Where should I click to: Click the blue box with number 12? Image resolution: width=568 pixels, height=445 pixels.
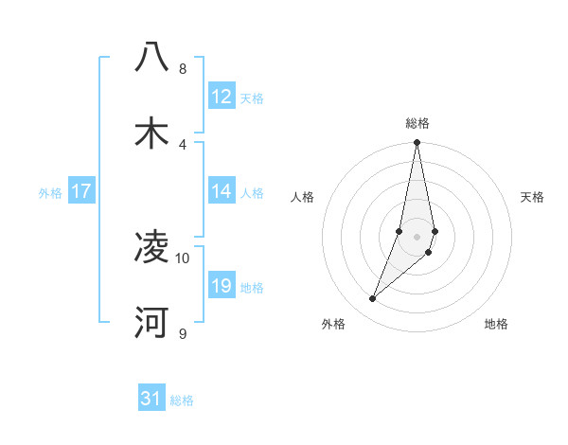click(x=221, y=97)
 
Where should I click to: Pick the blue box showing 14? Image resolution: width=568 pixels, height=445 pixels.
click(x=221, y=191)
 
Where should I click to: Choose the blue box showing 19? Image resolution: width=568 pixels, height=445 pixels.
click(x=221, y=286)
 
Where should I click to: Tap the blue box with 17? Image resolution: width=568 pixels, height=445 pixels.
click(x=81, y=191)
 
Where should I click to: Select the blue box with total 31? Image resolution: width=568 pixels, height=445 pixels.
click(x=151, y=399)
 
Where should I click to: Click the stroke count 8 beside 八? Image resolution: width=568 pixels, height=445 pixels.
click(x=182, y=69)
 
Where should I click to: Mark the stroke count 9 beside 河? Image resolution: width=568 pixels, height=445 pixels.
click(x=182, y=333)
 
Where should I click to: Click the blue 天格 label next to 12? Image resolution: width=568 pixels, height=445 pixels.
click(x=252, y=98)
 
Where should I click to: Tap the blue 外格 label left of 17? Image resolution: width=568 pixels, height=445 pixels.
click(x=50, y=192)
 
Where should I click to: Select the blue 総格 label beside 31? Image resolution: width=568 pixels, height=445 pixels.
click(x=182, y=400)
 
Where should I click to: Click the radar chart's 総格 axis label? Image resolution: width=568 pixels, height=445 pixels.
click(x=417, y=123)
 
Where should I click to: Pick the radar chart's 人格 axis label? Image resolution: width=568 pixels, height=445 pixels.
click(x=302, y=197)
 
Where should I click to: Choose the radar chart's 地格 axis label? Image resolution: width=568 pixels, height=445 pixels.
click(x=496, y=324)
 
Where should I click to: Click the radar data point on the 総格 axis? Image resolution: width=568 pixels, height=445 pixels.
click(x=417, y=143)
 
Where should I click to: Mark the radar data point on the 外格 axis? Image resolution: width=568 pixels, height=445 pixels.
click(x=373, y=298)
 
